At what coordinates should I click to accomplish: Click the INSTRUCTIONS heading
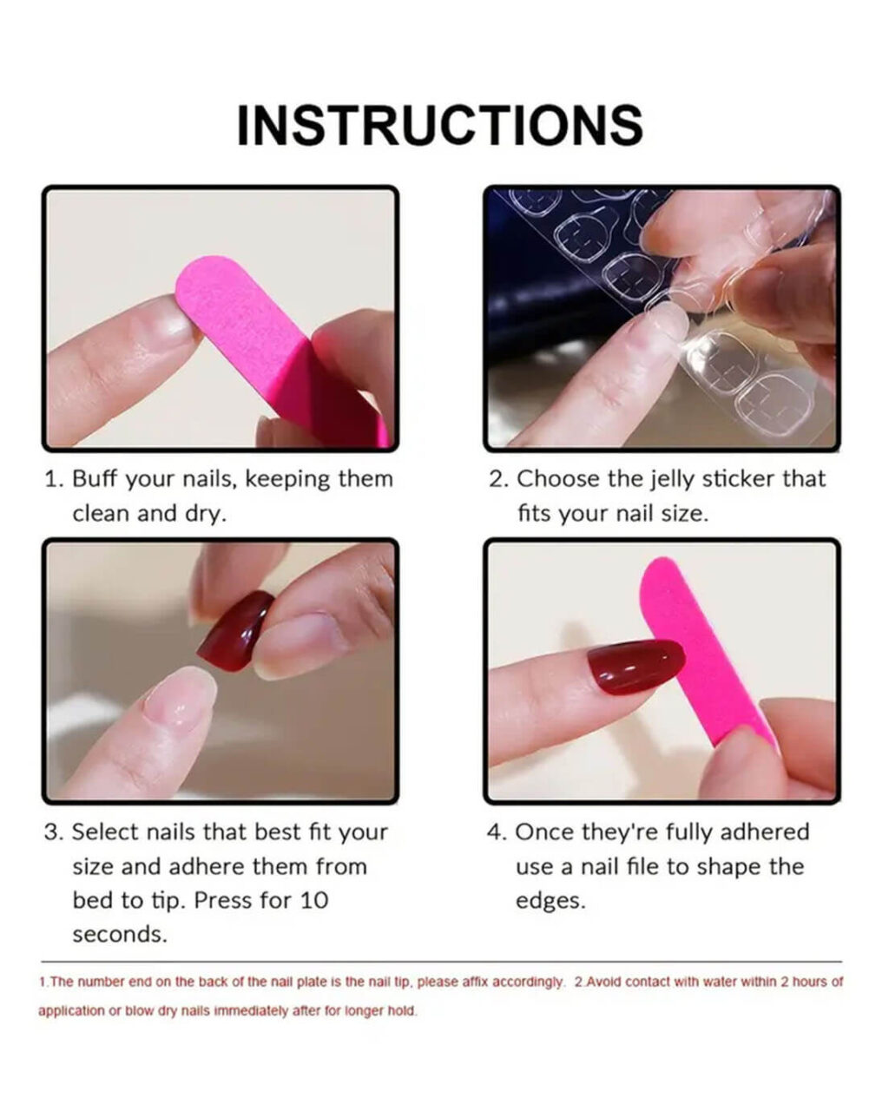pyautogui.click(x=440, y=125)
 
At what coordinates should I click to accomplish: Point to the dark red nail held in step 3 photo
pyautogui.click(x=235, y=631)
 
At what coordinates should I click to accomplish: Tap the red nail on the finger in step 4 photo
pyautogui.click(x=635, y=666)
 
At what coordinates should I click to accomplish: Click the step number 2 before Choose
pyautogui.click(x=498, y=479)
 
